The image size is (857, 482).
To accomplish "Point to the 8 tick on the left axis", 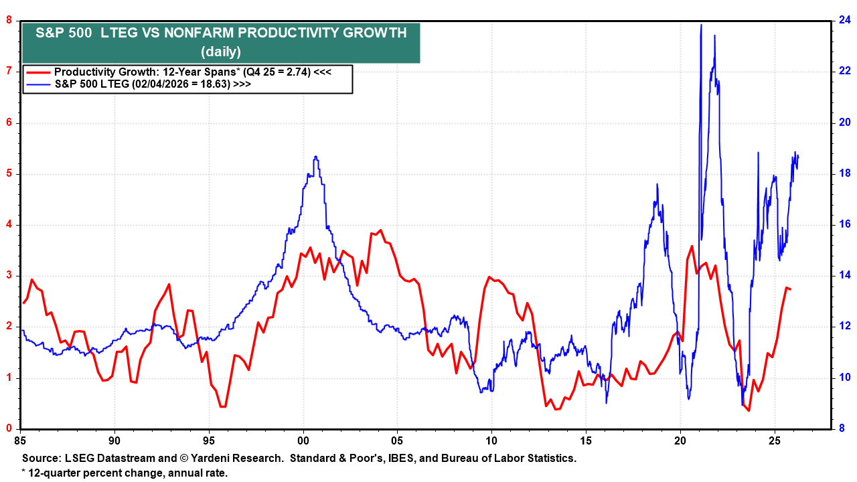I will click(9, 20).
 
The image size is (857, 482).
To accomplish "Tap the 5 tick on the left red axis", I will click(9, 174).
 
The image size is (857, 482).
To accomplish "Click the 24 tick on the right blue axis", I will click(845, 20).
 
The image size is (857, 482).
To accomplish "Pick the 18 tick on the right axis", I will click(845, 173).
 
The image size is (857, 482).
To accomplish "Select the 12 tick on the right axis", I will click(845, 327).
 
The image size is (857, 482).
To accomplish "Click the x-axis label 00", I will click(303, 441).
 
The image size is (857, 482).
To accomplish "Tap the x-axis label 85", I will click(20, 441).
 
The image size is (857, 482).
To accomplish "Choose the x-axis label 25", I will click(775, 441).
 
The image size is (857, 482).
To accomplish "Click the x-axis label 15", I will click(586, 441).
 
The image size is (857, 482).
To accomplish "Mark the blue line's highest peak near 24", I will click(701, 25).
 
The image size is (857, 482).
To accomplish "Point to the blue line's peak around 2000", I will click(315, 157).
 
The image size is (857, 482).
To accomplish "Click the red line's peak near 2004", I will click(380, 230).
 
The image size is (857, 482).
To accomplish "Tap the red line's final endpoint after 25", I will click(791, 289).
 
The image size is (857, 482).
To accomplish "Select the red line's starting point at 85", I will click(23, 303).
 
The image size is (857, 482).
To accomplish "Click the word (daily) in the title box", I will click(221, 52).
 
